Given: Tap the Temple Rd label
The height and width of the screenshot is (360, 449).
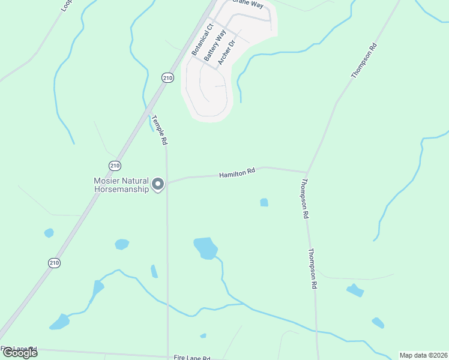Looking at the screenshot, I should pyautogui.click(x=159, y=130).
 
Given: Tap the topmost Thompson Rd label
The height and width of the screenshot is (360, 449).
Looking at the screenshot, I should pyautogui.click(x=364, y=60).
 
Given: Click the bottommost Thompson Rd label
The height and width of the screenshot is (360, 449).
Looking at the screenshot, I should pyautogui.click(x=313, y=269).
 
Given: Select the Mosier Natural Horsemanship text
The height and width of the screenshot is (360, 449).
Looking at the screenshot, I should pyautogui.click(x=121, y=184).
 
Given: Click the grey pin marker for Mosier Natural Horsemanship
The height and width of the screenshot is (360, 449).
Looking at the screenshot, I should pyautogui.click(x=158, y=184).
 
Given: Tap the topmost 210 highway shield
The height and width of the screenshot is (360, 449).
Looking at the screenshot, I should pyautogui.click(x=167, y=77).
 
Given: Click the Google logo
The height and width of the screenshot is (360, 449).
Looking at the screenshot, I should pyautogui.click(x=20, y=352).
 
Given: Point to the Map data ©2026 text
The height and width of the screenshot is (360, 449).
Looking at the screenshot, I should pyautogui.click(x=423, y=355).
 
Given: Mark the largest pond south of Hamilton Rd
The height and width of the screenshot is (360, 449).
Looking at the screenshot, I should pyautogui.click(x=205, y=247).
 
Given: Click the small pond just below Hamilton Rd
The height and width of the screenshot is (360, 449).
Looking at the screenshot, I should pyautogui.click(x=264, y=203).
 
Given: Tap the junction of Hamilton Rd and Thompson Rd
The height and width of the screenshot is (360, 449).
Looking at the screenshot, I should pyautogui.click(x=307, y=172).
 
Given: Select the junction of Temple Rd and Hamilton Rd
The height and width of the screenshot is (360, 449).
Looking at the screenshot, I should pyautogui.click(x=167, y=182).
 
